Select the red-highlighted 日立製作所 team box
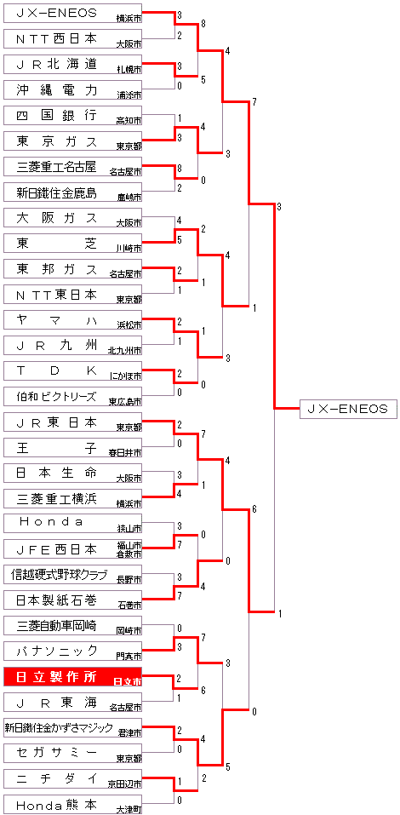(x=72, y=676)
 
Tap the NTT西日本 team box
(x=72, y=38)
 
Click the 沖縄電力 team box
(x=72, y=89)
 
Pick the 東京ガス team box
(x=72, y=141)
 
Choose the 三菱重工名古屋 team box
(x=72, y=166)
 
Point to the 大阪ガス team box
(x=72, y=217)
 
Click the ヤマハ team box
(x=72, y=319)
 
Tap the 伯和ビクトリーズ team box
(x=72, y=395)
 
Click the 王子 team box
(x=72, y=446)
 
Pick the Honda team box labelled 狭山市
(x=72, y=523)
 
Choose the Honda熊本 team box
(x=72, y=804)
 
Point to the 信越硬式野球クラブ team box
(x=72, y=574)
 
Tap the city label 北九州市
(x=124, y=351)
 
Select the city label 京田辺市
(x=124, y=783)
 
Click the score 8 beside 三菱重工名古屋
(x=180, y=169)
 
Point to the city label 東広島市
(x=124, y=402)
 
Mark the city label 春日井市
(x=124, y=453)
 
